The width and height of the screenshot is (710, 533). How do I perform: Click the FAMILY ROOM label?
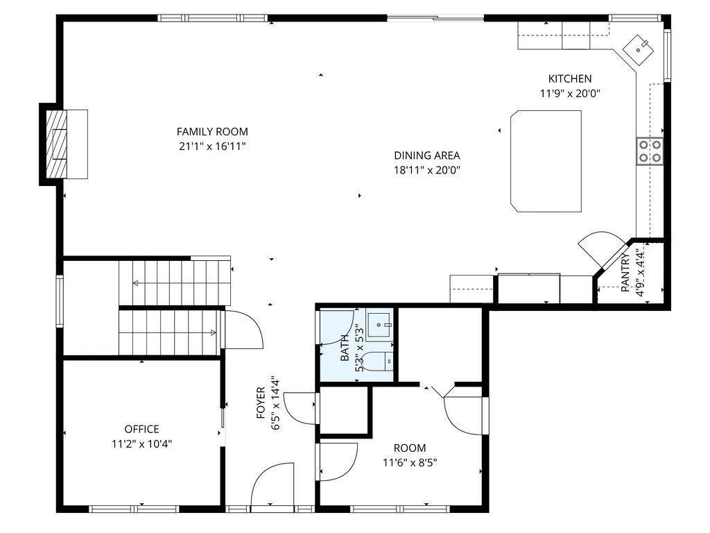(212, 132)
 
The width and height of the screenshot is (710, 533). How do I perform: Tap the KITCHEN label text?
(570, 79)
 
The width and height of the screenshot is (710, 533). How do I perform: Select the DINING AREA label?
(427, 155)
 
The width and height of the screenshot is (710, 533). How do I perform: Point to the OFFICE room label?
(141, 429)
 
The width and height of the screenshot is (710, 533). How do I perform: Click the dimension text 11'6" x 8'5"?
(410, 463)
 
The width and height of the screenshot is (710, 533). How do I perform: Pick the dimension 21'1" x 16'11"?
(212, 146)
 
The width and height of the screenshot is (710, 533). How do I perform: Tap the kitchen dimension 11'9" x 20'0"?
(570, 94)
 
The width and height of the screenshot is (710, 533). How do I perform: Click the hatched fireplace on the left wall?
(57, 144)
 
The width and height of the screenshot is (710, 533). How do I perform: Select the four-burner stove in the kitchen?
(650, 151)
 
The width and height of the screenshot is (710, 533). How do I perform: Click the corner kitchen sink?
(638, 49)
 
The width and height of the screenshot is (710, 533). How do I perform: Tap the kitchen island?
(546, 161)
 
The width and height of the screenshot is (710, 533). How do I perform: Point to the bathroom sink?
(379, 325)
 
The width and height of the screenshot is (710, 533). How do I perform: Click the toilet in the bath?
(379, 361)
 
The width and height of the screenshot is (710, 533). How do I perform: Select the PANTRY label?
(625, 272)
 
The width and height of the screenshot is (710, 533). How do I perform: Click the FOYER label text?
(261, 403)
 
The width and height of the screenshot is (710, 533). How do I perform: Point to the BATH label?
(345, 348)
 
